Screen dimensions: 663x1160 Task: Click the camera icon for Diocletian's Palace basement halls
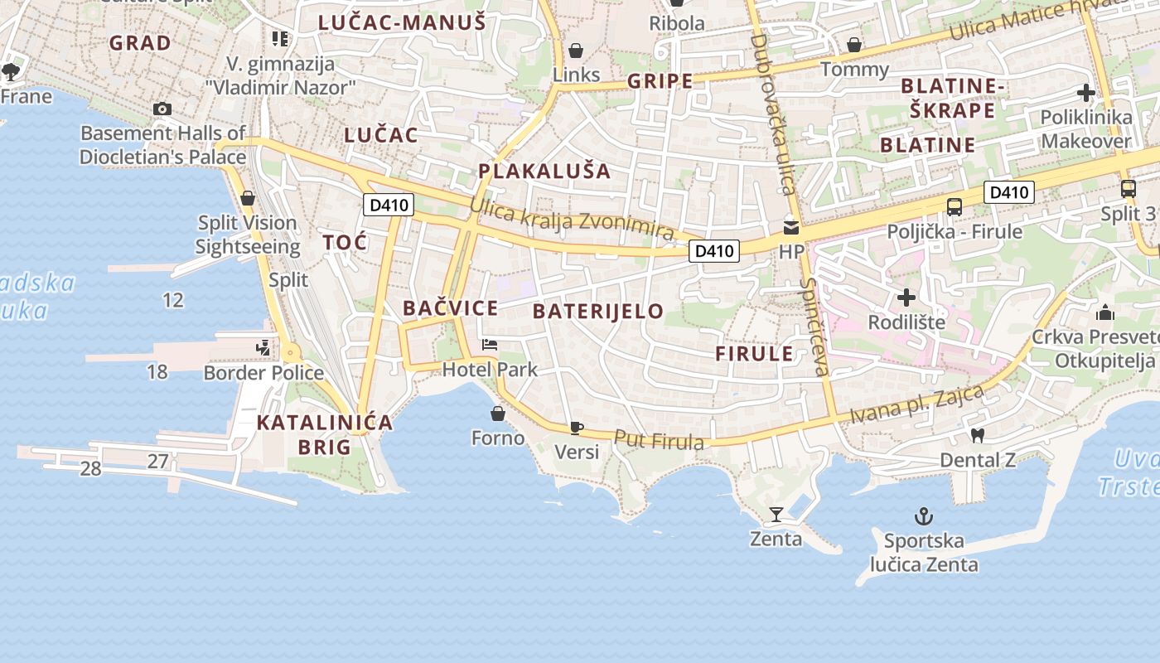point(162,109)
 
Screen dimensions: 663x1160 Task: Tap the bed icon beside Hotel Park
point(490,345)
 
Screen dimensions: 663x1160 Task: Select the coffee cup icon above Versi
point(577,428)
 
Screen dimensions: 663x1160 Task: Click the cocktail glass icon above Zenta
point(776,515)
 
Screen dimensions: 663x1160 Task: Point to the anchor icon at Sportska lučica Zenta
point(923,517)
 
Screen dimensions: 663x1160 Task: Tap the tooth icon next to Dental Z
point(978,435)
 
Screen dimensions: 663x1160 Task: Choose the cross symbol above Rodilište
point(906,297)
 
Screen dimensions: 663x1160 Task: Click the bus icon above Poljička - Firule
point(955,206)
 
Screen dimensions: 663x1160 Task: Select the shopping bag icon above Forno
point(498,413)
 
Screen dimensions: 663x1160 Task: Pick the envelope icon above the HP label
point(791,226)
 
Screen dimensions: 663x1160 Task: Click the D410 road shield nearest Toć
point(388,205)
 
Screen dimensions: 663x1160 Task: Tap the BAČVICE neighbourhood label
point(451,308)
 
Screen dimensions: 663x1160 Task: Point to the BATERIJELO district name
point(598,311)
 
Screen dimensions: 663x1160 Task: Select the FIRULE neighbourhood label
point(754,354)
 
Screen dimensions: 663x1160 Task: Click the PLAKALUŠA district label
point(544,172)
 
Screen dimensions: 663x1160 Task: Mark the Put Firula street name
point(660,440)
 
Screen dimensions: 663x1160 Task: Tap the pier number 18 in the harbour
point(157,371)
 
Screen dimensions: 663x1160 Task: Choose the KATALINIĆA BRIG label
point(324,434)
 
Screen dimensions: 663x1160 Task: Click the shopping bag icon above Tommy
point(854,45)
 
